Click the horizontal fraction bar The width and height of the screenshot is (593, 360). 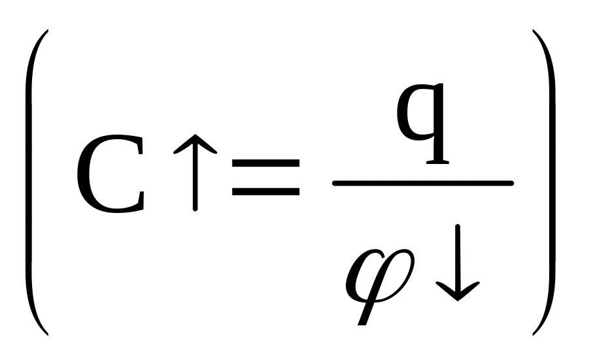(422, 184)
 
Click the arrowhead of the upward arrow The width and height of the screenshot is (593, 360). (195, 150)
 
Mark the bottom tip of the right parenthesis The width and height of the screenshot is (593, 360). (534, 333)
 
